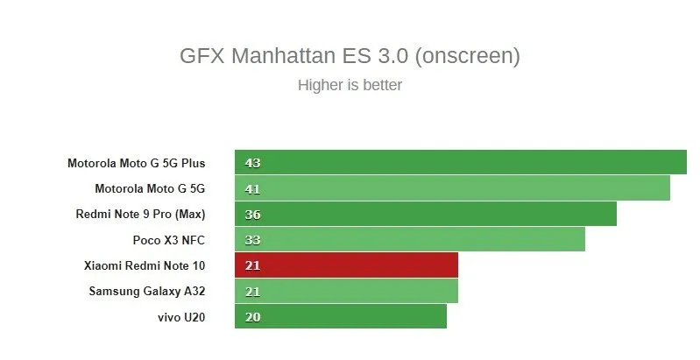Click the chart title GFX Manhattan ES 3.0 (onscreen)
click(x=350, y=56)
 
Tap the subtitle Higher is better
click(x=350, y=85)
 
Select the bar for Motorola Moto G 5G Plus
click(x=460, y=162)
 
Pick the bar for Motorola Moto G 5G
click(x=452, y=188)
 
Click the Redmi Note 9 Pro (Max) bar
click(x=425, y=214)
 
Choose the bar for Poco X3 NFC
click(x=409, y=239)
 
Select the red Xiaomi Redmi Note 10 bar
click(x=346, y=265)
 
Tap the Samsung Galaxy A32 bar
click(x=346, y=291)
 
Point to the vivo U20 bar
click(x=340, y=316)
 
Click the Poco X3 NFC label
click(x=174, y=239)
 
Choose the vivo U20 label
click(x=183, y=316)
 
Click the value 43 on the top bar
click(x=253, y=163)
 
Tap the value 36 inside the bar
click(x=253, y=215)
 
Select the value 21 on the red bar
click(x=253, y=265)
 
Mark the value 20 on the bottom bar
click(x=253, y=317)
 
